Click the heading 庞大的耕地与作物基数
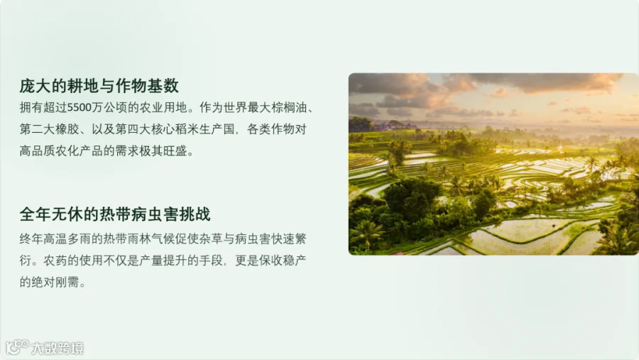[x=99, y=86]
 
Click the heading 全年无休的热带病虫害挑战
[x=115, y=214]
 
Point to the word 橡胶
[x=67, y=129]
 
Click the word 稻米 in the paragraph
[x=186, y=129]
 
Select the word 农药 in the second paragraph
[x=55, y=260]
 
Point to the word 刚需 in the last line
[x=67, y=282]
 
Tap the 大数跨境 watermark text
[x=58, y=348]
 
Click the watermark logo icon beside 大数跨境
[x=17, y=347]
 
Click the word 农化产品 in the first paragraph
[x=79, y=151]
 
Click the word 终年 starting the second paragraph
[x=31, y=239]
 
